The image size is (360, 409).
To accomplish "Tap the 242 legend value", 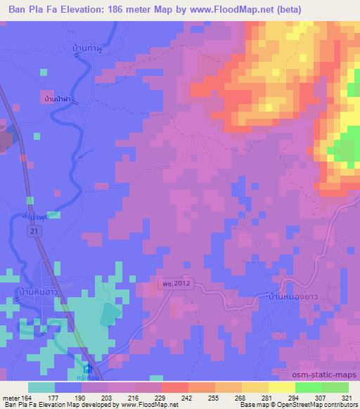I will tap(189, 397).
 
